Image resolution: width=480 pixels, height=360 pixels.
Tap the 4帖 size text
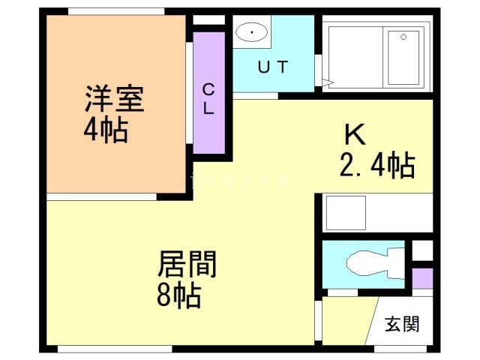(x=105, y=130)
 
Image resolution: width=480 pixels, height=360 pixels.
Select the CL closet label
(x=208, y=98)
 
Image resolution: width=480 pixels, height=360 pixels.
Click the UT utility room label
(x=272, y=67)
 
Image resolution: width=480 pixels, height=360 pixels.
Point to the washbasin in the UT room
(x=251, y=32)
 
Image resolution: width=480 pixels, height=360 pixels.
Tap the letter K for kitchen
(x=354, y=135)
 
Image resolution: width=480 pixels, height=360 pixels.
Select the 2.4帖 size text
(x=377, y=166)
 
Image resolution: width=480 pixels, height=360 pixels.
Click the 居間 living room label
(x=187, y=264)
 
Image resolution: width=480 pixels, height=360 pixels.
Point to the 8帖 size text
(x=178, y=295)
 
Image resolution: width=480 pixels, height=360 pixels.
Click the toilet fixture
(x=367, y=262)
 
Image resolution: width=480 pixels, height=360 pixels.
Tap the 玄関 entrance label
(x=403, y=325)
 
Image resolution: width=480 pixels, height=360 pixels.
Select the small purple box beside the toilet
(x=423, y=277)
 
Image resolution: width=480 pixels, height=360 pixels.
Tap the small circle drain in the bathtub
(x=403, y=36)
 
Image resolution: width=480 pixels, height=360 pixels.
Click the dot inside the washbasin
(x=251, y=33)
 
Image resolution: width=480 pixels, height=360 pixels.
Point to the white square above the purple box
(x=423, y=248)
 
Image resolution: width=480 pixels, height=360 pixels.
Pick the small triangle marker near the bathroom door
(x=326, y=81)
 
